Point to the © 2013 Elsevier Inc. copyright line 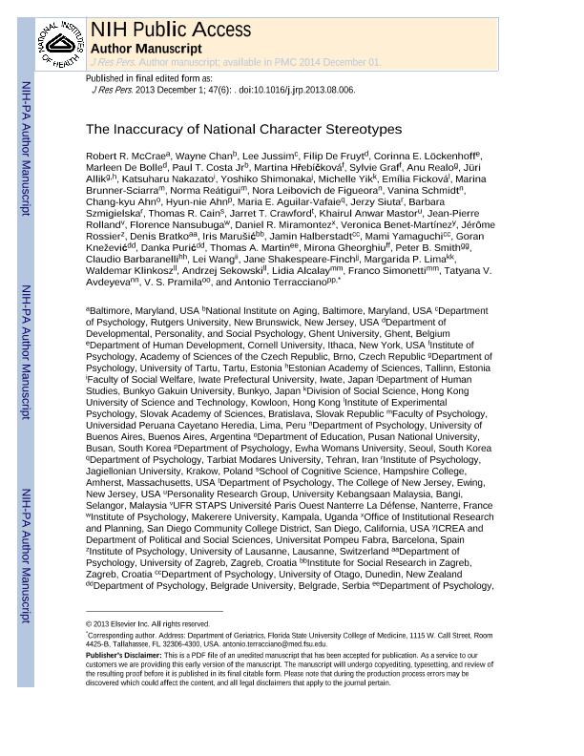coord(148,624)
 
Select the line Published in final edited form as coord(149,78)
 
